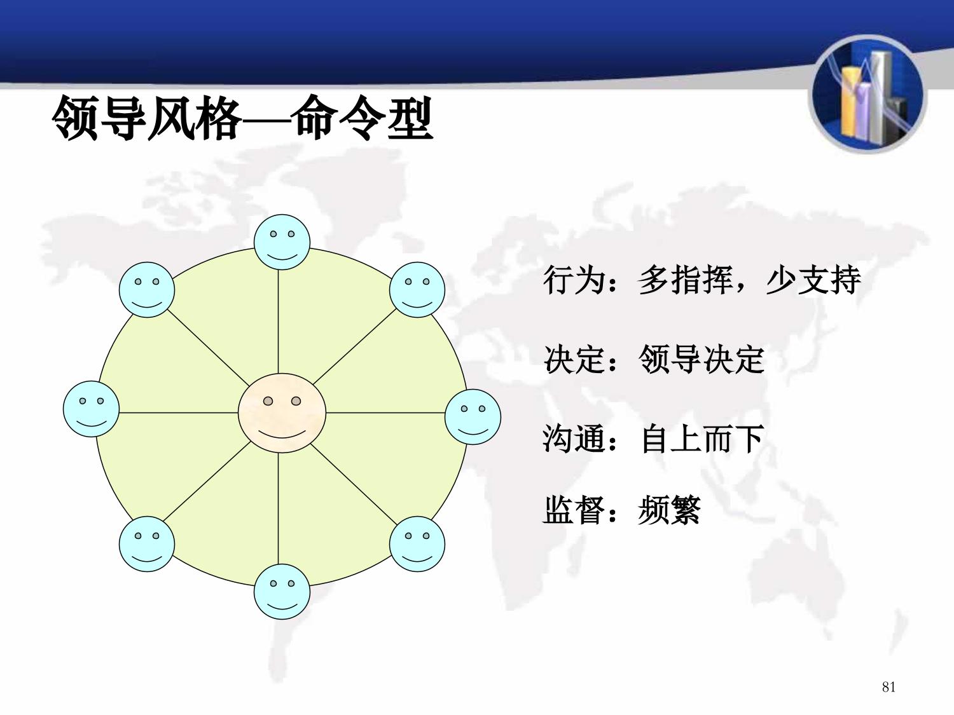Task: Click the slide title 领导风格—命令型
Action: click(x=242, y=118)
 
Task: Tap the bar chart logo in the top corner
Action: click(x=868, y=95)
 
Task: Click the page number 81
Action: click(x=888, y=687)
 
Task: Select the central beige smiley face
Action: click(x=282, y=413)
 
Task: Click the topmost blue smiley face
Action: click(x=282, y=242)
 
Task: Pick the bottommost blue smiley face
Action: click(x=282, y=592)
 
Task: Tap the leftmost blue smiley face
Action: click(x=92, y=409)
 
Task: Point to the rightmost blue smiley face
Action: click(x=473, y=417)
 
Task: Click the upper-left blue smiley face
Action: click(x=147, y=290)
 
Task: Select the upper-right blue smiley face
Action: click(x=417, y=290)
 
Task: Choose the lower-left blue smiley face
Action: click(x=147, y=544)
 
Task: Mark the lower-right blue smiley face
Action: click(x=417, y=544)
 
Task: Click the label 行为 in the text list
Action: click(x=574, y=280)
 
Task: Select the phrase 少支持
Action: click(x=813, y=280)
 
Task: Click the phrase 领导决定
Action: click(x=701, y=359)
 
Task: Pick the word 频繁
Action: click(x=669, y=510)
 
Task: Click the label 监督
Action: click(x=574, y=510)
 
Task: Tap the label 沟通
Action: click(x=574, y=439)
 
